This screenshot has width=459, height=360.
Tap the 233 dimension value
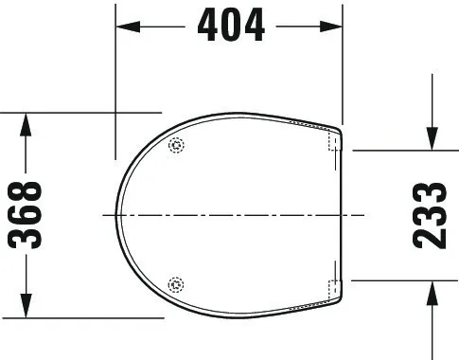click(431, 215)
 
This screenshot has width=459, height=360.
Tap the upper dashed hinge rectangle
click(334, 142)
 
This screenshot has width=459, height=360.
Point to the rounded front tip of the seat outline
click(118, 215)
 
